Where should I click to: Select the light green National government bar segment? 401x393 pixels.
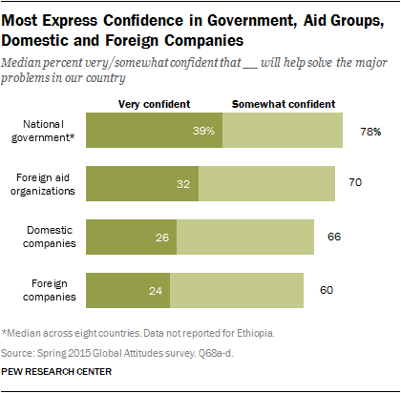(282, 130)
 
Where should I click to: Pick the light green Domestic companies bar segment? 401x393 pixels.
(244, 236)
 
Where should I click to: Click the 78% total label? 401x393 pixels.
(370, 130)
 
